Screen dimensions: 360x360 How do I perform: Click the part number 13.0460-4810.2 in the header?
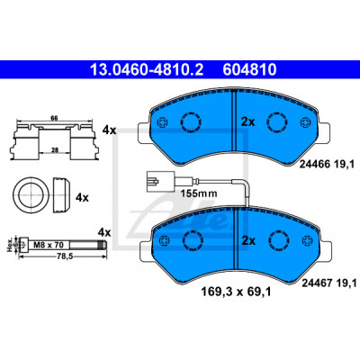(x=147, y=69)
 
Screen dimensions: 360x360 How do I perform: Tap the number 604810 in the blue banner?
(x=249, y=69)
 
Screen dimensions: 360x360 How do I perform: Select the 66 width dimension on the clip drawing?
(x=54, y=118)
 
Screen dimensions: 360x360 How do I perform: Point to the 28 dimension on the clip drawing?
(x=54, y=150)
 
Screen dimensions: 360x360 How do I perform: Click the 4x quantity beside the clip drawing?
(x=109, y=130)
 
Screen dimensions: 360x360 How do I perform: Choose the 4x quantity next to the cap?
(x=82, y=197)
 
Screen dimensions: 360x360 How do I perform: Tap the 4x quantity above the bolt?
(x=104, y=232)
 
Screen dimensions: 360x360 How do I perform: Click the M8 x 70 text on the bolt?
(x=49, y=245)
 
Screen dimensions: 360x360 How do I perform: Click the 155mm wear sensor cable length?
(x=199, y=193)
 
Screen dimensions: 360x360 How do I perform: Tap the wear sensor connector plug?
(x=160, y=182)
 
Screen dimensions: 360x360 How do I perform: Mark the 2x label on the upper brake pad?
(x=248, y=121)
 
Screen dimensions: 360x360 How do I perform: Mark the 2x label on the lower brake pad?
(x=248, y=240)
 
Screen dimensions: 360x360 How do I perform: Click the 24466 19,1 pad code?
(x=328, y=164)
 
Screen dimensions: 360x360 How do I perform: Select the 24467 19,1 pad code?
(x=328, y=283)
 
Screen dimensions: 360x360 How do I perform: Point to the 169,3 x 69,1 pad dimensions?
(x=236, y=292)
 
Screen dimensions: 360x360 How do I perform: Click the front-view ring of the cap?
(x=31, y=195)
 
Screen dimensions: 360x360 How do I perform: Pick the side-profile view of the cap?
(x=61, y=195)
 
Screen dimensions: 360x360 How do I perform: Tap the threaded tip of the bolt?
(x=103, y=246)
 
